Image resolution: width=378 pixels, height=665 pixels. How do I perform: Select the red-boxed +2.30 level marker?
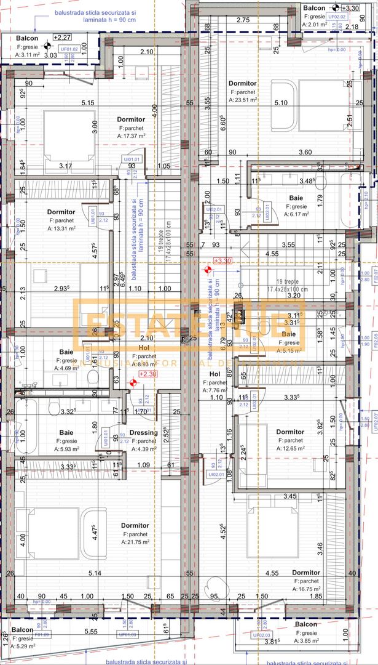click(x=147, y=373)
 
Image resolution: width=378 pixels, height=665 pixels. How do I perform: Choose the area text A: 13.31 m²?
click(x=61, y=228)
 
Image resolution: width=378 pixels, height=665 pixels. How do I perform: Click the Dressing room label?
click(x=143, y=432)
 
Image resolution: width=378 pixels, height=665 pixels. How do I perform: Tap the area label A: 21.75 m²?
click(x=135, y=542)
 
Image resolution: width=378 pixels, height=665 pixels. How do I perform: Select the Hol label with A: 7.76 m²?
click(x=214, y=374)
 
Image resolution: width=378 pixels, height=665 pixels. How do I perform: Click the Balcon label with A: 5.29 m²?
click(x=23, y=632)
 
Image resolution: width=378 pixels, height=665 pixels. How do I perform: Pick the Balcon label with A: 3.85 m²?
click(x=306, y=624)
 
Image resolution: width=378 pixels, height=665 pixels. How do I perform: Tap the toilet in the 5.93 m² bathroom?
click(x=52, y=411)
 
